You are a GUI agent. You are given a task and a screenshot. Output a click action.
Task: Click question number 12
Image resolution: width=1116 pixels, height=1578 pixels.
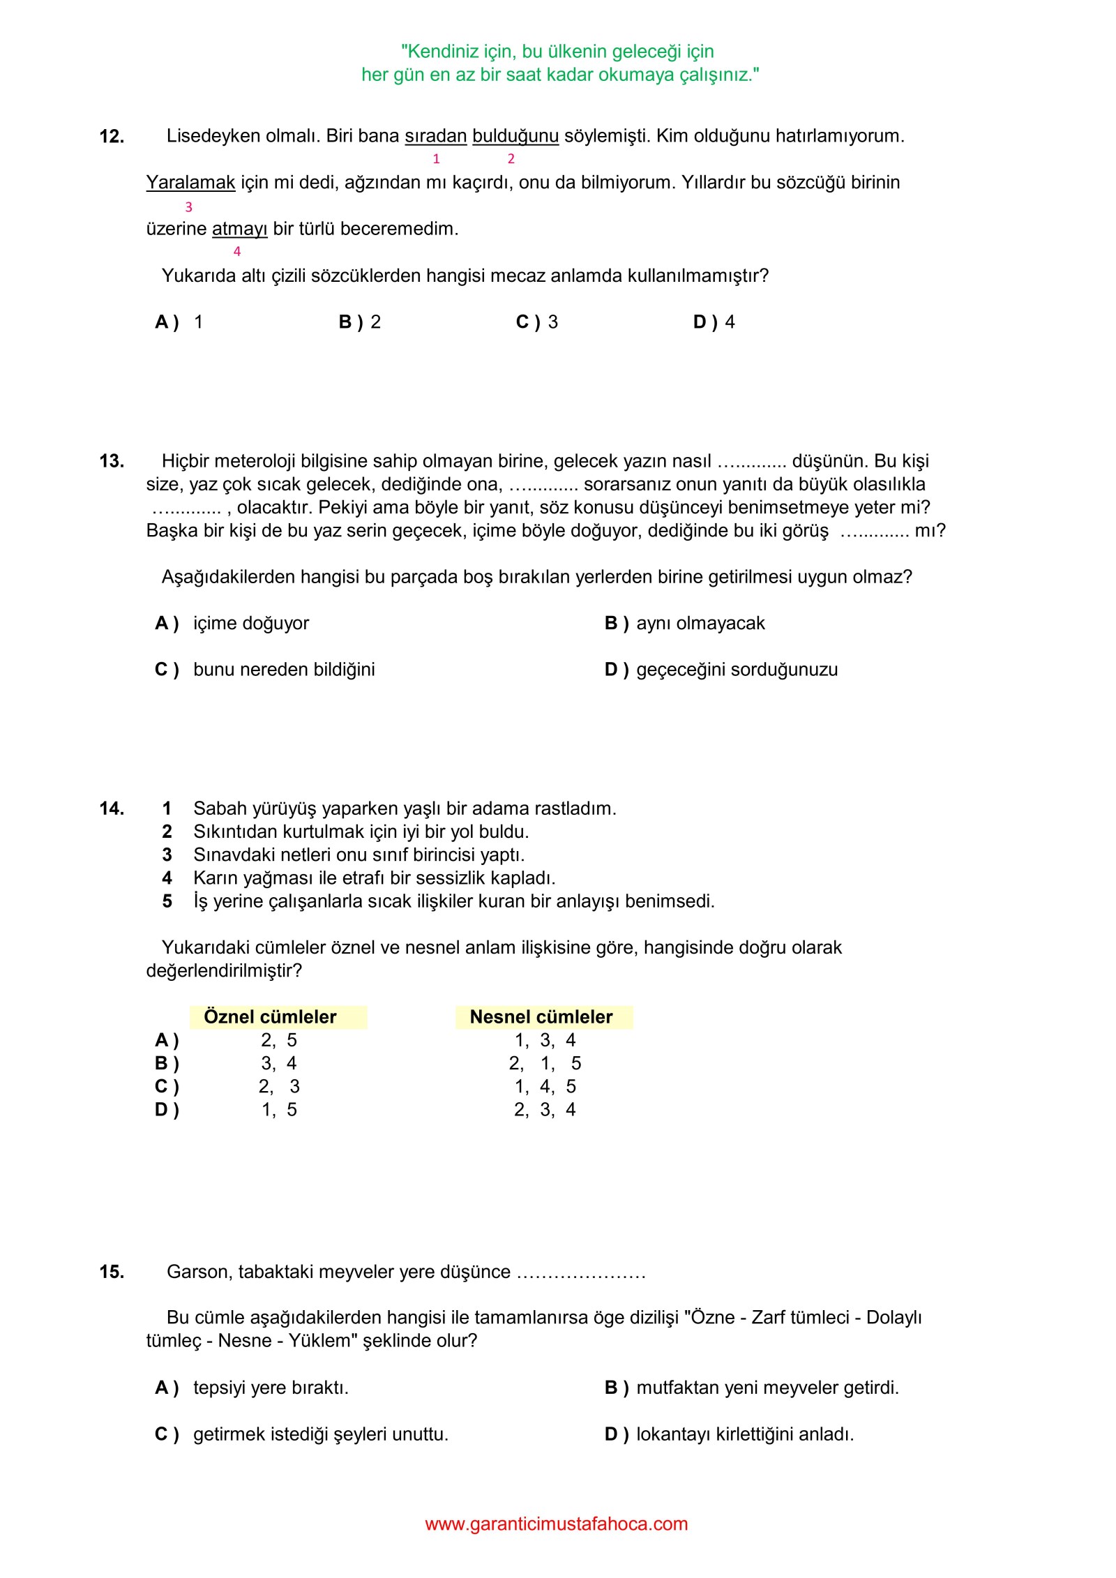click(112, 137)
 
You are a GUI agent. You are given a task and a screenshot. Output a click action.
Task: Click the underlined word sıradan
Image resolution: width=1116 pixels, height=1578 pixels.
click(435, 136)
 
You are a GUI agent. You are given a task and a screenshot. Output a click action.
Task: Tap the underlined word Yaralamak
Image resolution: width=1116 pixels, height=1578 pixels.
click(190, 183)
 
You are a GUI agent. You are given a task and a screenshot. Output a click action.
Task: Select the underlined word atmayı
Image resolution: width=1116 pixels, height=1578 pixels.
click(239, 229)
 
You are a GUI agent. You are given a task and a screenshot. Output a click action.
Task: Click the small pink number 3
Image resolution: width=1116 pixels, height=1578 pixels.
click(188, 207)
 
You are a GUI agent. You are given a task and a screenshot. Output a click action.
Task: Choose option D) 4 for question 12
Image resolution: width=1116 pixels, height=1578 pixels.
click(714, 322)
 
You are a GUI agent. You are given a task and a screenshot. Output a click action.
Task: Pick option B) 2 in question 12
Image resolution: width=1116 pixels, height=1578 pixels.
click(360, 322)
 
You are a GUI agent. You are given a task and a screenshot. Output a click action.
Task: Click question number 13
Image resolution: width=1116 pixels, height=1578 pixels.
click(112, 461)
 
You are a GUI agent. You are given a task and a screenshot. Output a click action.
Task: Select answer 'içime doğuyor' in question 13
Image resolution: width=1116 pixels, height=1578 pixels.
click(250, 623)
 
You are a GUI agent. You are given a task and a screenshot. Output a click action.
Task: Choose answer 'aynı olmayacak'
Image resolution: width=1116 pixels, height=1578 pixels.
click(700, 623)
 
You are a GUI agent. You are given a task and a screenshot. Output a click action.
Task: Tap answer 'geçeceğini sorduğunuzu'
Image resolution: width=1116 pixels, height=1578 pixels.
click(737, 670)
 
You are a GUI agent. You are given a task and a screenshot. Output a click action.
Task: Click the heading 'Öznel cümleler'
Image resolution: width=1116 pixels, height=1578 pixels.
click(270, 1017)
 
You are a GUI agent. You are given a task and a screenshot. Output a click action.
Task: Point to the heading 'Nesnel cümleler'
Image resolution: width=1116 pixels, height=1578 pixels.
click(541, 1017)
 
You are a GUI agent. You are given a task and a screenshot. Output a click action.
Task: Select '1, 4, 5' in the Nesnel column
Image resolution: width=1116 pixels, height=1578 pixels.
click(545, 1086)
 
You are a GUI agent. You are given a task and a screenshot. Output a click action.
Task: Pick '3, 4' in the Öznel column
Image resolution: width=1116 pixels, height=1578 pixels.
click(279, 1063)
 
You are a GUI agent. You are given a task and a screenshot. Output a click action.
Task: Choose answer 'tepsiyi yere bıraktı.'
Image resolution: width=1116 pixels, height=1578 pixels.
click(271, 1388)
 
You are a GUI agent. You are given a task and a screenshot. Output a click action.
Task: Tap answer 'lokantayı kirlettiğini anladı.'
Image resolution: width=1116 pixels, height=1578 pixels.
click(745, 1434)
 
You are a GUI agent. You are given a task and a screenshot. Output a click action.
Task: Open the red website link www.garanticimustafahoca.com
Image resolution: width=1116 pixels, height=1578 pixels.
click(557, 1524)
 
